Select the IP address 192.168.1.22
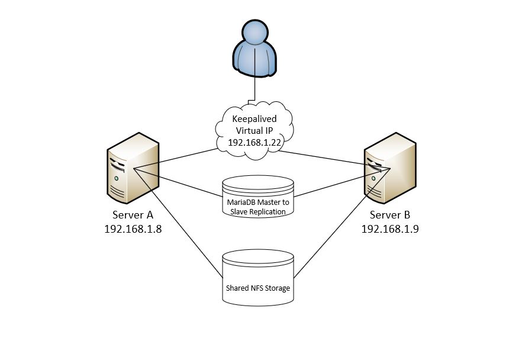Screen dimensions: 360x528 click(x=254, y=143)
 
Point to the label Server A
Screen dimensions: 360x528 click(x=133, y=214)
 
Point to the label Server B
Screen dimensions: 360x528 click(x=390, y=215)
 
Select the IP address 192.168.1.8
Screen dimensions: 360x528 click(x=133, y=229)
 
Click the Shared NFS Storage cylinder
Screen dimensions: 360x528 click(x=258, y=278)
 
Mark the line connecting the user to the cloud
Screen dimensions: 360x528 click(x=255, y=89)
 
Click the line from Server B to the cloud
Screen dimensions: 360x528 click(x=331, y=159)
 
